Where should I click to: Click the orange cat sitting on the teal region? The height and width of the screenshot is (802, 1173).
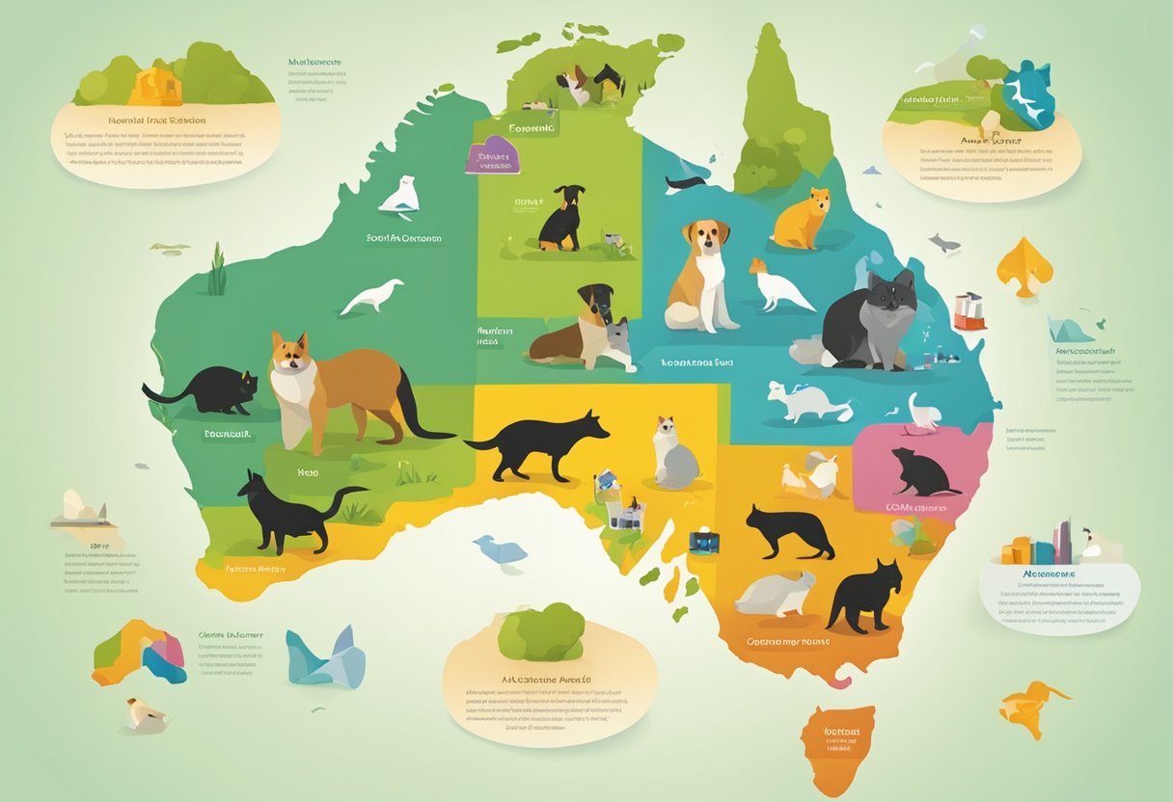pos(803,220)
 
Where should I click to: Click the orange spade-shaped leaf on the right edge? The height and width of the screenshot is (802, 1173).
pos(1023,265)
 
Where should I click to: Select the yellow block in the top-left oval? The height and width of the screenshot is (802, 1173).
pos(154,86)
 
